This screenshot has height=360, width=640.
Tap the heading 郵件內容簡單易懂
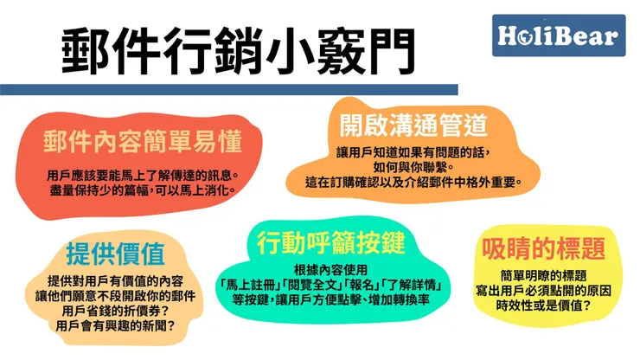144,140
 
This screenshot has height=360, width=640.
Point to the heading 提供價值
116,255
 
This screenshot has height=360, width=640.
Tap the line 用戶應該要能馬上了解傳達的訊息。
143,173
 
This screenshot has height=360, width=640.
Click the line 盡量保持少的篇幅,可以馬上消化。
143,190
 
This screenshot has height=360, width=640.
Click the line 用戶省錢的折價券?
116,311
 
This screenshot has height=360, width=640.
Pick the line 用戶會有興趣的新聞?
116,326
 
